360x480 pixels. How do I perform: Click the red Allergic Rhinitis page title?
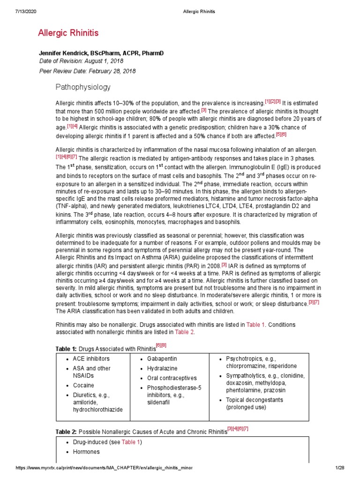pyautogui.click(x=68, y=33)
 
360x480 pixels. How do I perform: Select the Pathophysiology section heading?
pyautogui.click(x=83, y=87)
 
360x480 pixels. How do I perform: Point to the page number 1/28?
pyautogui.click(x=340, y=468)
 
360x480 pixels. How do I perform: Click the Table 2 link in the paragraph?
pyautogui.click(x=184, y=332)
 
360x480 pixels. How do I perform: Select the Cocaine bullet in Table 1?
pyautogui.click(x=83, y=385)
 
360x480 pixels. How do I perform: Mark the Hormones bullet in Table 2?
pyautogui.click(x=86, y=452)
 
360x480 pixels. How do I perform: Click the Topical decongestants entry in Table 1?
pyautogui.click(x=255, y=400)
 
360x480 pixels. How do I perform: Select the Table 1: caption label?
pyautogui.click(x=66, y=349)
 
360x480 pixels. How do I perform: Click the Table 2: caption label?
pyautogui.click(x=66, y=431)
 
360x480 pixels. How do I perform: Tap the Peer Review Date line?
pyautogui.click(x=87, y=71)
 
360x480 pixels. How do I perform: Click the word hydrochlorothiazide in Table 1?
pyautogui.click(x=97, y=410)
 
